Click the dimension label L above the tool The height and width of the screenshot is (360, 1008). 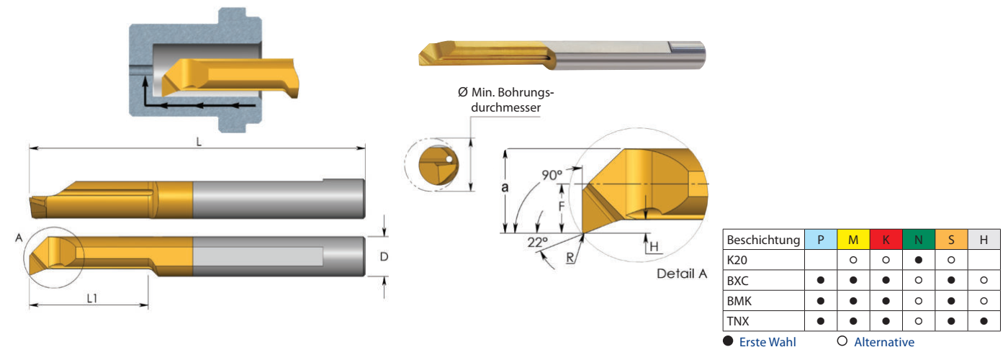[199, 141]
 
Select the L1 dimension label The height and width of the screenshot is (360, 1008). [92, 297]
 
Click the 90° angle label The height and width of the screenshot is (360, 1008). [552, 175]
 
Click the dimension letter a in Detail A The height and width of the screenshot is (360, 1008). [505, 189]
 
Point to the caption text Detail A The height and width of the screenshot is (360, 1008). [682, 274]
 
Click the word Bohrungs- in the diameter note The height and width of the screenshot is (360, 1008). [529, 93]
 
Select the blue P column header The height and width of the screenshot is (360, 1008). [821, 240]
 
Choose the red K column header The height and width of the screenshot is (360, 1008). [886, 240]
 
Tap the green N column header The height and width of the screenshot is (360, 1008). [919, 240]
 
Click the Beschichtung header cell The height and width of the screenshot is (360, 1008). [763, 240]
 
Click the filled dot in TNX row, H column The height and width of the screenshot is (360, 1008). [984, 321]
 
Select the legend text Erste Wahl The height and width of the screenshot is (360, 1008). [768, 342]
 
